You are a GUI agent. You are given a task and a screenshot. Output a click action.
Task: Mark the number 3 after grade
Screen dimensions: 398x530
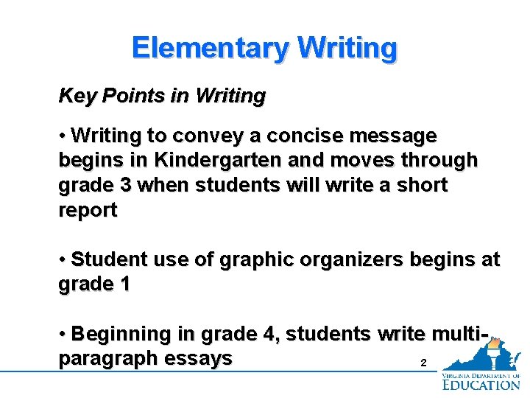pos(125,185)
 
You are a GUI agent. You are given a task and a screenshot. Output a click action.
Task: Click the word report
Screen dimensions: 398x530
pos(88,210)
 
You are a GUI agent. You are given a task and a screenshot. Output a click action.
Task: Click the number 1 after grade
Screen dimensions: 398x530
pos(124,284)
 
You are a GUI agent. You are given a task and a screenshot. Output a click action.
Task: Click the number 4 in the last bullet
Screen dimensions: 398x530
pos(269,335)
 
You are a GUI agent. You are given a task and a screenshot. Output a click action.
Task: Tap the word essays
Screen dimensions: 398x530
pos(201,359)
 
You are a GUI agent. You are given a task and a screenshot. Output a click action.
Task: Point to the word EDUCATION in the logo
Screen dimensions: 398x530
pos(481,383)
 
